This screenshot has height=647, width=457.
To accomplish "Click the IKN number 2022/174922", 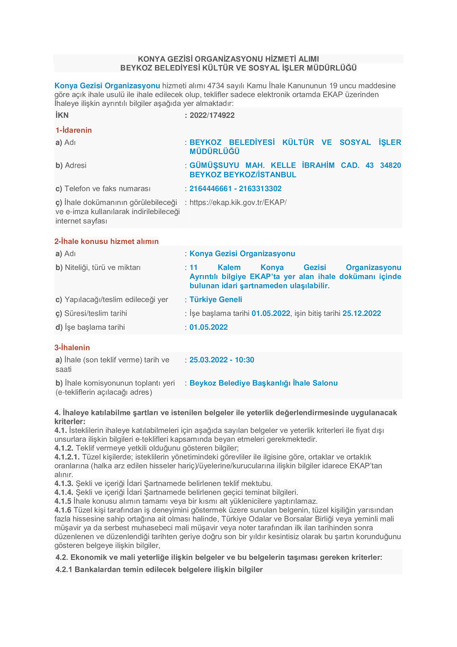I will coord(212,115).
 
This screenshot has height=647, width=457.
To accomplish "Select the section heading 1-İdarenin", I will coord(74,130).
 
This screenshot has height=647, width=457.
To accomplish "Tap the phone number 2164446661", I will coord(211,189).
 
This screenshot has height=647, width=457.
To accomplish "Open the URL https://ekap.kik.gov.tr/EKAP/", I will coord(238,202).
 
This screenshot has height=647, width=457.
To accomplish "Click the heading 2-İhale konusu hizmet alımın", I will coord(106,241).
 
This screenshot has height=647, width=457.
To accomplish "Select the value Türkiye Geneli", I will coord(216,300).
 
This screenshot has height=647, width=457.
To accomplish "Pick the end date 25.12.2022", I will coord(362,313).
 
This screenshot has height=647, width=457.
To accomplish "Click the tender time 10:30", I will coord(244,360).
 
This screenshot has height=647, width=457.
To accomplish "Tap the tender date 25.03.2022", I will coord(209,360).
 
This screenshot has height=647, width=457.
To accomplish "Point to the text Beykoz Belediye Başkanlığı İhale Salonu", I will coord(263,383).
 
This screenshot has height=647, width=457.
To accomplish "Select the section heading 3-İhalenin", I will coord(72,347).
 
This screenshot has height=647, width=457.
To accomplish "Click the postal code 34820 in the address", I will coord(390,165).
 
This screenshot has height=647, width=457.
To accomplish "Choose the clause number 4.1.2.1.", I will coord(67,457).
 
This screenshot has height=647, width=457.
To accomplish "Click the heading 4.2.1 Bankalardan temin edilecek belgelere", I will coord(159,570).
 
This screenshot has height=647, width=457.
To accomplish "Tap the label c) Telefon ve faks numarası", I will coord(103,189).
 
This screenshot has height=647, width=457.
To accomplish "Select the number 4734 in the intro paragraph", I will coord(216,86).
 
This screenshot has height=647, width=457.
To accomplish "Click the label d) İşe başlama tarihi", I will coord(90,327).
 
